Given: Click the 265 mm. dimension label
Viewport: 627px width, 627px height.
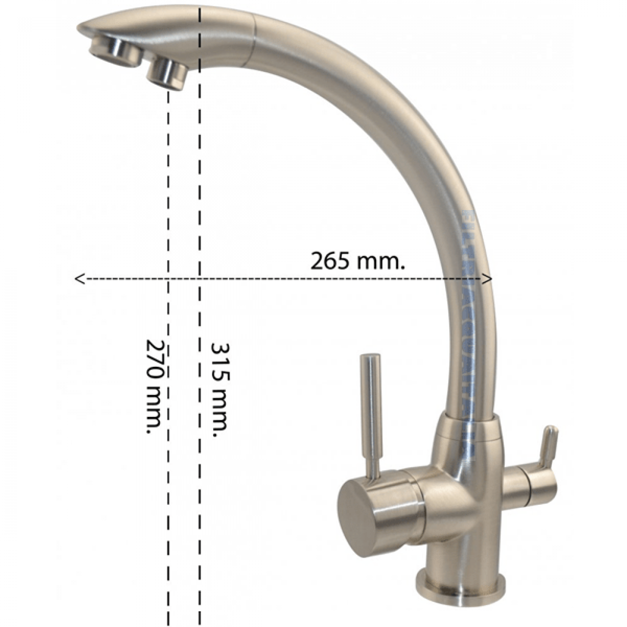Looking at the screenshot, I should tap(357, 260).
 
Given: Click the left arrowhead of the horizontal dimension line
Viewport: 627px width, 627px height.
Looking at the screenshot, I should tap(79, 279).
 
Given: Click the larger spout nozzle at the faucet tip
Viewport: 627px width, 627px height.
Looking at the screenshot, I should tap(116, 52).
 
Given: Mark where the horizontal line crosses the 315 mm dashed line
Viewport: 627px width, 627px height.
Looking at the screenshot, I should tap(200, 279).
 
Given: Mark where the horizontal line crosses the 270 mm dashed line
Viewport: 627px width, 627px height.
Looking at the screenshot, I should tap(168, 279).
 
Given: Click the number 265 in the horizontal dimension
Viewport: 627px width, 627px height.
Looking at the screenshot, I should tap(330, 260).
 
